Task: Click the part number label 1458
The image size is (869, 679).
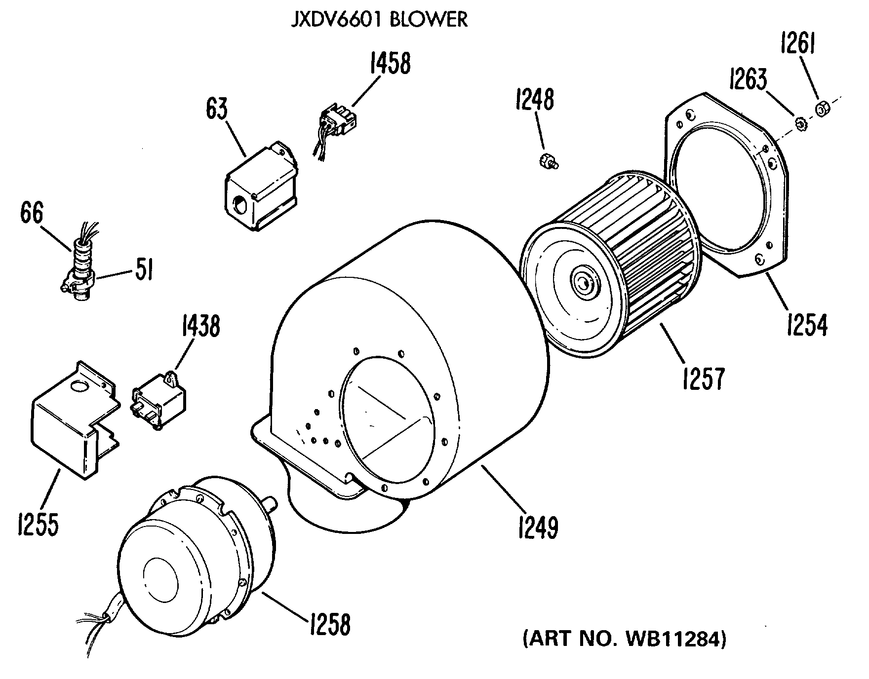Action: [x=390, y=64]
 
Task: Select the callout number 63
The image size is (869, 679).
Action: [x=217, y=109]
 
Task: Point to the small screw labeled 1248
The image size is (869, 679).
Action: [x=547, y=161]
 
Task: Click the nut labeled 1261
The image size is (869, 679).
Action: [x=822, y=109]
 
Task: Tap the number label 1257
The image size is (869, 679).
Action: [x=704, y=377]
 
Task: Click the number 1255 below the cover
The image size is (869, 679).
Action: [x=38, y=524]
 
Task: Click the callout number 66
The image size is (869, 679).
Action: [x=32, y=215]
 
